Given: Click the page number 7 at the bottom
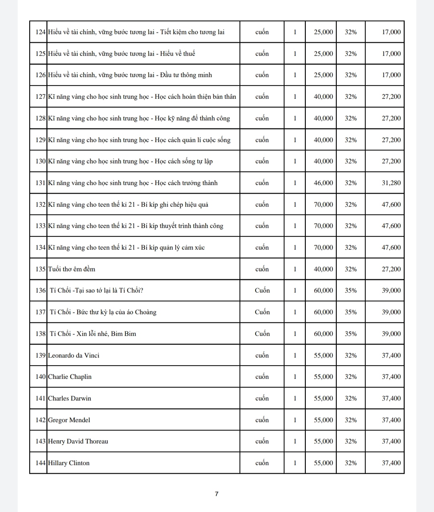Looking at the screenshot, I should coord(217,494).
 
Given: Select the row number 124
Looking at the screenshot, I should coord(41,32).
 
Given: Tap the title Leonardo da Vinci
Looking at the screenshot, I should coord(74,356).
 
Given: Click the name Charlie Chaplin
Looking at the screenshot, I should coord(70,377).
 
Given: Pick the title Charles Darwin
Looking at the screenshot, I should coord(70,398).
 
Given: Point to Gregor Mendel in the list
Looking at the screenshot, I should coord(69,420).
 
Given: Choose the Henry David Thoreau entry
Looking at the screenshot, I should coord(78,441).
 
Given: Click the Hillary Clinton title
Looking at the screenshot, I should coord(69,463).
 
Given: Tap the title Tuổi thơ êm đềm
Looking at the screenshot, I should coord(72,269).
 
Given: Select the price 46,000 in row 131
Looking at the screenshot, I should coord(323,183).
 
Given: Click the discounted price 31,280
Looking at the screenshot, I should coord(391,183).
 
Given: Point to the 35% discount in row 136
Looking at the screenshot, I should coord(350,291).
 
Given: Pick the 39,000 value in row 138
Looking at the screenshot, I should coord(391,334).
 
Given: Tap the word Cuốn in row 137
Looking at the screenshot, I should coord(262,312).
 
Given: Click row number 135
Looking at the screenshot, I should coord(41,269).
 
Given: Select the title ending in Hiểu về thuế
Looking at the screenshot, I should coord(121,54).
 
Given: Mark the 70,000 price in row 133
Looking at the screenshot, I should coord(323,226).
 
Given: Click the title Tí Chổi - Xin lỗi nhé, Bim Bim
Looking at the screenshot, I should coord(93,334).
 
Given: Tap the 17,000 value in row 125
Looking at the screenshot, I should coord(391,54).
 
